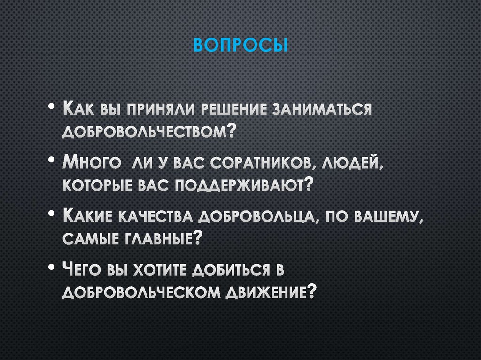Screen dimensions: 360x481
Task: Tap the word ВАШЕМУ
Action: point(381,217)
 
